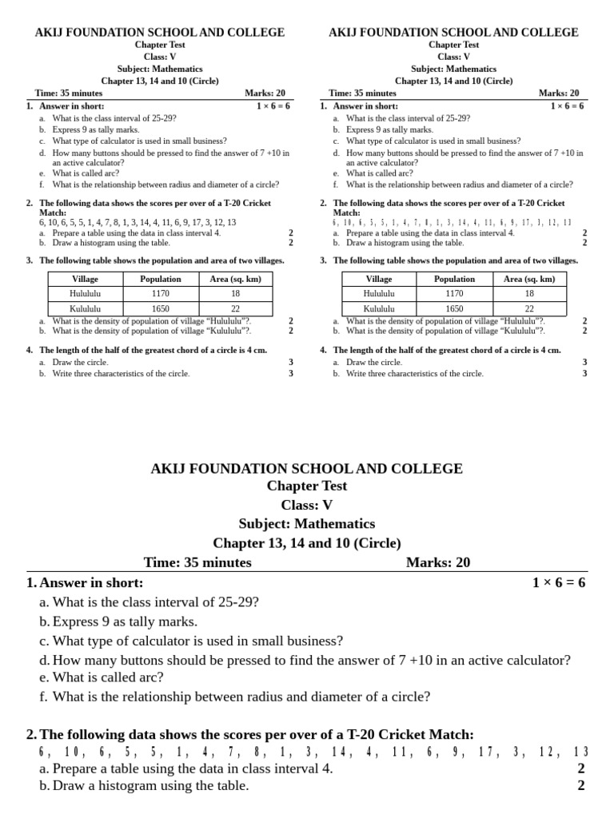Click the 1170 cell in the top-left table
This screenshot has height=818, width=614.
161,293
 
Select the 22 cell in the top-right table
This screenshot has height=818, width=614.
529,308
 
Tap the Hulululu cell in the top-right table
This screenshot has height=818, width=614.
379,293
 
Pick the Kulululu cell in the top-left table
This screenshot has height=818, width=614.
86,308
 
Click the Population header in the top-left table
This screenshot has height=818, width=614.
161,279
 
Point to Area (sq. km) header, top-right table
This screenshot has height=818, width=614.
529,279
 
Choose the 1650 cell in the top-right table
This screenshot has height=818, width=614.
454,308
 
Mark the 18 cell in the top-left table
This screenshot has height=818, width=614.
236,293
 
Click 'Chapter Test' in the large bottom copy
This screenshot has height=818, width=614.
307,486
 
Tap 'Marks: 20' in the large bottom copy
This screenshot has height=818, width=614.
438,562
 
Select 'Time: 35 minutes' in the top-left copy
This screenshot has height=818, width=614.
69,93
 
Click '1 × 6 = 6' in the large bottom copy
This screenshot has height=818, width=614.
559,582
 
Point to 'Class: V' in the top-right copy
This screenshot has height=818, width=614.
453,57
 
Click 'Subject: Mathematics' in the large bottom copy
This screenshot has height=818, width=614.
307,524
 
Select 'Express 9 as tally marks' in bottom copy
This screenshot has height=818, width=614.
125,621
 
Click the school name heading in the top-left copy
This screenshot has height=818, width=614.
160,33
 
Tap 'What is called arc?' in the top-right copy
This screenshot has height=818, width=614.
380,173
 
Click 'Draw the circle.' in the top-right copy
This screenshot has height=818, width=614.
374,362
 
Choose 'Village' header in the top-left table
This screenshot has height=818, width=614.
86,279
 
